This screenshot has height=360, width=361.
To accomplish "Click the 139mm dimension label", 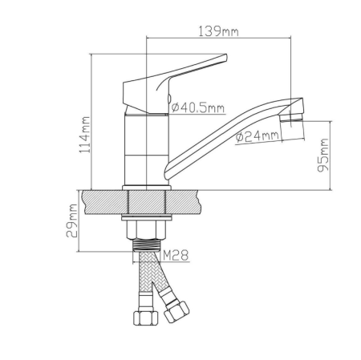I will (218, 31).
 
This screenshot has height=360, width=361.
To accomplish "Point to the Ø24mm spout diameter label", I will (258, 136).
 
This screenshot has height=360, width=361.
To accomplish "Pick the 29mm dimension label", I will (72, 220).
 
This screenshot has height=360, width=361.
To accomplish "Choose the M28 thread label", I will (176, 256).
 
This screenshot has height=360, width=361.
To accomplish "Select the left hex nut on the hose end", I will (146, 316).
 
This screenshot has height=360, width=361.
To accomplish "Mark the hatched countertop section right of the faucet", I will (188, 201).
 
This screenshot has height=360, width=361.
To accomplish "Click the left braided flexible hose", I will (146, 281).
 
